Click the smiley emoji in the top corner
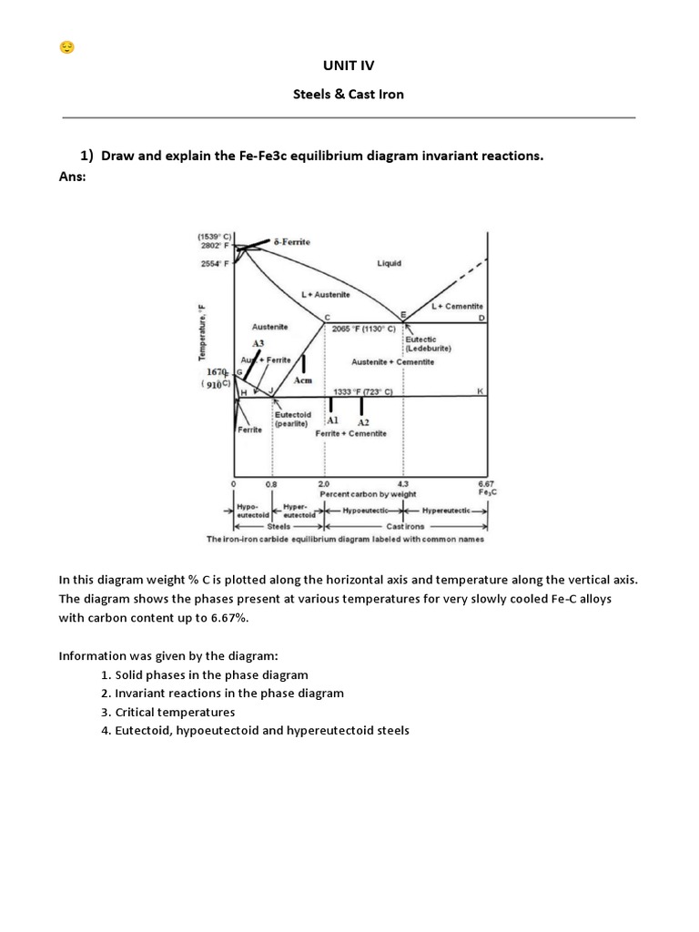pyautogui.click(x=66, y=47)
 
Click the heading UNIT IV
pyautogui.click(x=349, y=66)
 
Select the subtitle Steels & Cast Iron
pyautogui.click(x=349, y=94)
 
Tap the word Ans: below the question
pyautogui.click(x=72, y=176)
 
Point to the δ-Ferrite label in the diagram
pyautogui.click(x=291, y=242)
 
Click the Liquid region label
pyautogui.click(x=389, y=263)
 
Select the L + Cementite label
pyautogui.click(x=457, y=307)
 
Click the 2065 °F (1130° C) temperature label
pyautogui.click(x=364, y=328)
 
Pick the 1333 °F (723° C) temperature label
pyautogui.click(x=363, y=390)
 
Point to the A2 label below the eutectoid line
pyautogui.click(x=363, y=422)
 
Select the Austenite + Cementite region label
pyautogui.click(x=393, y=361)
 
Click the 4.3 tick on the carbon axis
pyautogui.click(x=403, y=483)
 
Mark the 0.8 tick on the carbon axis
pyautogui.click(x=270, y=483)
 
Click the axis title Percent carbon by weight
pyautogui.click(x=368, y=493)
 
